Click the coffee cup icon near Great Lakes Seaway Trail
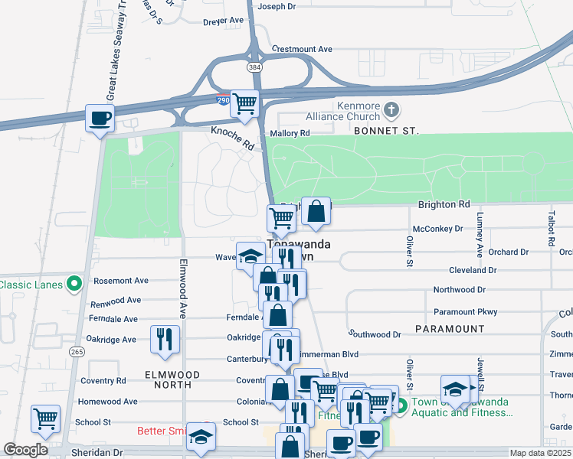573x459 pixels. click(x=100, y=119)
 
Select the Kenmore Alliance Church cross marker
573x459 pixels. click(x=391, y=109)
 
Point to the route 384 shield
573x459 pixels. click(x=254, y=67)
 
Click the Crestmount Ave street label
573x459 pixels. click(x=302, y=49)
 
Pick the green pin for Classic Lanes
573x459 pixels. click(x=74, y=284)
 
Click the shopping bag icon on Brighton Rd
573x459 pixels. click(x=316, y=211)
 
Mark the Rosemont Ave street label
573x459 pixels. click(x=120, y=281)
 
